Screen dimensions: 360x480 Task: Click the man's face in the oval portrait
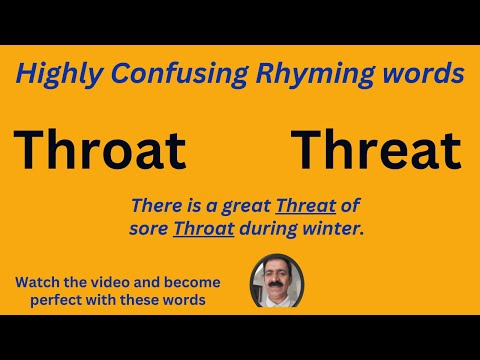(x=275, y=283)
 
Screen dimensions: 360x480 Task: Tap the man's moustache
(x=275, y=291)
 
